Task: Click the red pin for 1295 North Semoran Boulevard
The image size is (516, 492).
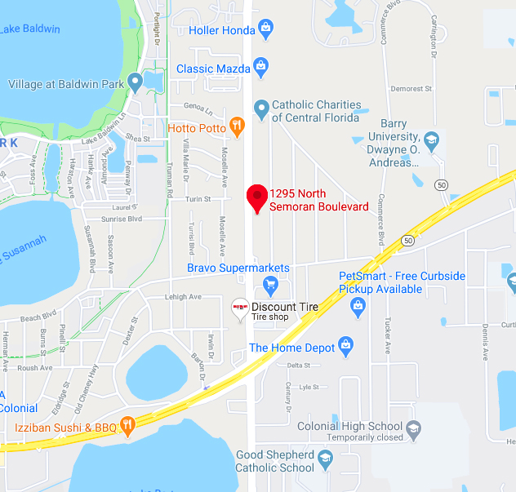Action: [258, 197]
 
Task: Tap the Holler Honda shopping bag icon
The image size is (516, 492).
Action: [265, 30]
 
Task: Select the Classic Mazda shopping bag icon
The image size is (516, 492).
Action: [260, 65]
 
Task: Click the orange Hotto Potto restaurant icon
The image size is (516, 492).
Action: [237, 126]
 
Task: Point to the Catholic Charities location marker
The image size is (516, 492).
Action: [261, 107]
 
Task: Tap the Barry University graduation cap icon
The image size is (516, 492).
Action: [431, 139]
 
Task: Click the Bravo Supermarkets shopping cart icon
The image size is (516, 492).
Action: [271, 285]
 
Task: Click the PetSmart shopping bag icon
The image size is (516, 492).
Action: [357, 307]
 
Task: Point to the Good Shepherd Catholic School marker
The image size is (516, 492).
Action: [325, 458]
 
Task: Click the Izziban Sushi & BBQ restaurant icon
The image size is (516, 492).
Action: [127, 424]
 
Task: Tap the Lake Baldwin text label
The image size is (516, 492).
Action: [30, 29]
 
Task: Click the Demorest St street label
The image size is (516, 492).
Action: [411, 89]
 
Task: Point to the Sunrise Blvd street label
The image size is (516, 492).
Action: [122, 219]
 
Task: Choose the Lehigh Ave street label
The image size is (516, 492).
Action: [183, 297]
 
